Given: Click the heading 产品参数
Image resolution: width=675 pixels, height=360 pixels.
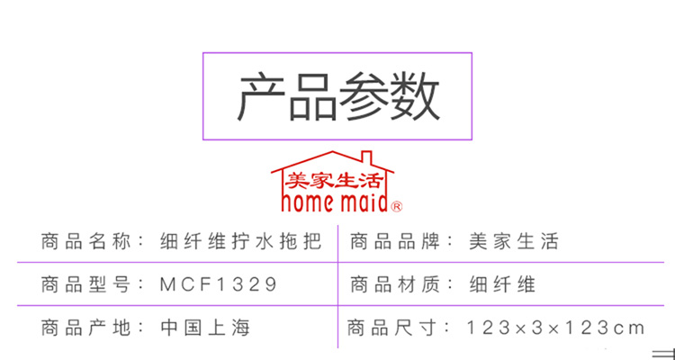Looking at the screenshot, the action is click(x=337, y=96).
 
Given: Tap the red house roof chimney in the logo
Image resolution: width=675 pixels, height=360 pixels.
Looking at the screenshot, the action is click(x=366, y=157).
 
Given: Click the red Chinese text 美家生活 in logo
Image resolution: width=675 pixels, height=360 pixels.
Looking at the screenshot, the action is click(x=333, y=181).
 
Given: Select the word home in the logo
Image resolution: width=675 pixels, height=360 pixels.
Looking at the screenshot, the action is click(x=308, y=202).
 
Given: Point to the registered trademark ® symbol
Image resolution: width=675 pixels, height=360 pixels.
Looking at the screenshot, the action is click(x=397, y=207).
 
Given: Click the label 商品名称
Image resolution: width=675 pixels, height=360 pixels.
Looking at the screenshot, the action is click(x=86, y=241).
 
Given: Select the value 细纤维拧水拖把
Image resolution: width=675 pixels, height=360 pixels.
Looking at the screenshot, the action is click(x=240, y=241).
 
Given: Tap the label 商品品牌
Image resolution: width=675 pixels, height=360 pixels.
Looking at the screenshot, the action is click(x=396, y=241).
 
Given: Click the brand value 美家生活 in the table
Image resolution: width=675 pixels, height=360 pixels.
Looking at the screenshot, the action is click(x=514, y=241).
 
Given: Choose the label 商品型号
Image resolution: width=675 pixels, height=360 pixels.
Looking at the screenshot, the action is click(x=86, y=284).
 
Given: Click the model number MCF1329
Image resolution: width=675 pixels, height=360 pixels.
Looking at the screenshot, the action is click(x=219, y=284).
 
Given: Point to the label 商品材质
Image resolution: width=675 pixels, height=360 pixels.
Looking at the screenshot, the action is click(x=396, y=284).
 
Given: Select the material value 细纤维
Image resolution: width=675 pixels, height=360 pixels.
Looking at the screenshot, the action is click(x=502, y=284).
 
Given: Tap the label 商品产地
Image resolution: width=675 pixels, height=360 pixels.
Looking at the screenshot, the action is click(x=86, y=328).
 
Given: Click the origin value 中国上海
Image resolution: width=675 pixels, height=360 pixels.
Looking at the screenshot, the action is click(x=205, y=328).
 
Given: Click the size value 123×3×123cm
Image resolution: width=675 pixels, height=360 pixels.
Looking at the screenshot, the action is click(x=556, y=328).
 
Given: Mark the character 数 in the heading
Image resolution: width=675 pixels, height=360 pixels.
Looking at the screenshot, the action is click(x=414, y=96).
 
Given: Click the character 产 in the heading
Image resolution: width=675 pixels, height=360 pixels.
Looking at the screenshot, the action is click(x=262, y=96).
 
